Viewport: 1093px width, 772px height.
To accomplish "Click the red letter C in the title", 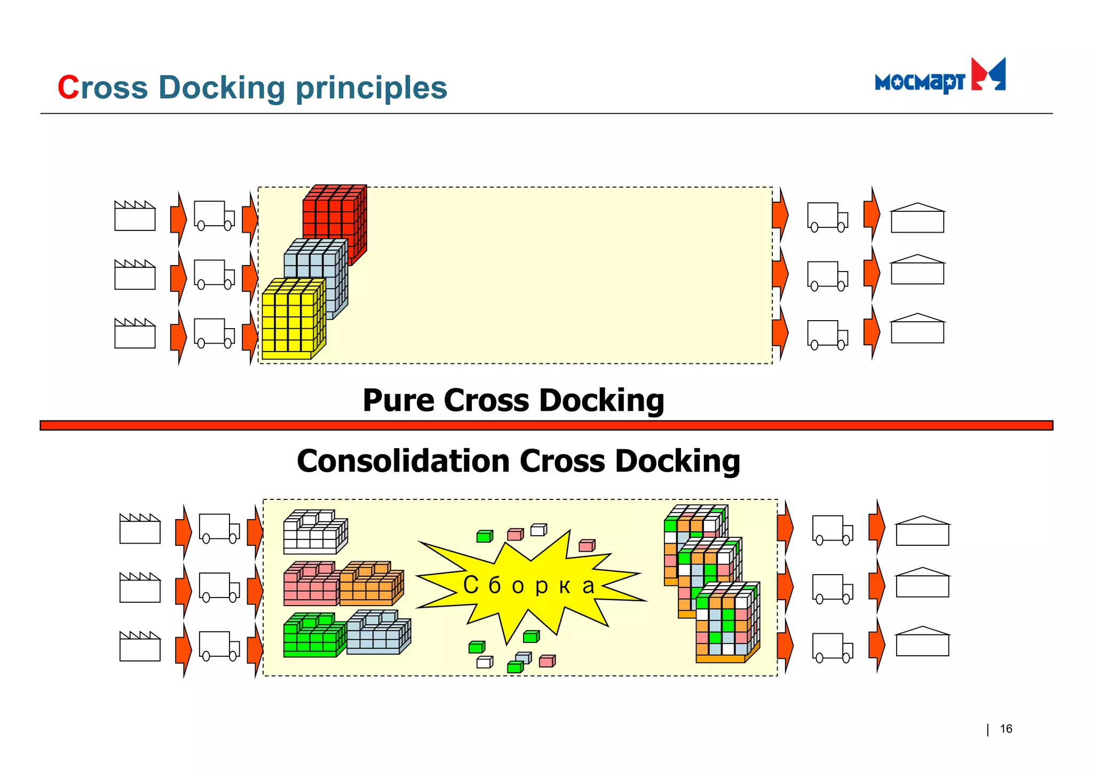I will (68, 87).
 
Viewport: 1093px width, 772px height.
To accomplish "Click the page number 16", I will (1005, 729).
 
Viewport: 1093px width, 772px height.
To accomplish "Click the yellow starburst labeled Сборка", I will (528, 584).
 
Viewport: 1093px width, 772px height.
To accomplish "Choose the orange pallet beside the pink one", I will (371, 584).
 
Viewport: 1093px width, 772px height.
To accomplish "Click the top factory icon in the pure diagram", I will (135, 216).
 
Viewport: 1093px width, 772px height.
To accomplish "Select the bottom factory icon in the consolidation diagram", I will (140, 647).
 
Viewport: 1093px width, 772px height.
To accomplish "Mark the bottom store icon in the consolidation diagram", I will (922, 642).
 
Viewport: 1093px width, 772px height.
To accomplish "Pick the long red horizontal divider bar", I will (546, 425).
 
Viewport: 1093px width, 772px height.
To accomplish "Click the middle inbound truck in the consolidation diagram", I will (219, 587).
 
